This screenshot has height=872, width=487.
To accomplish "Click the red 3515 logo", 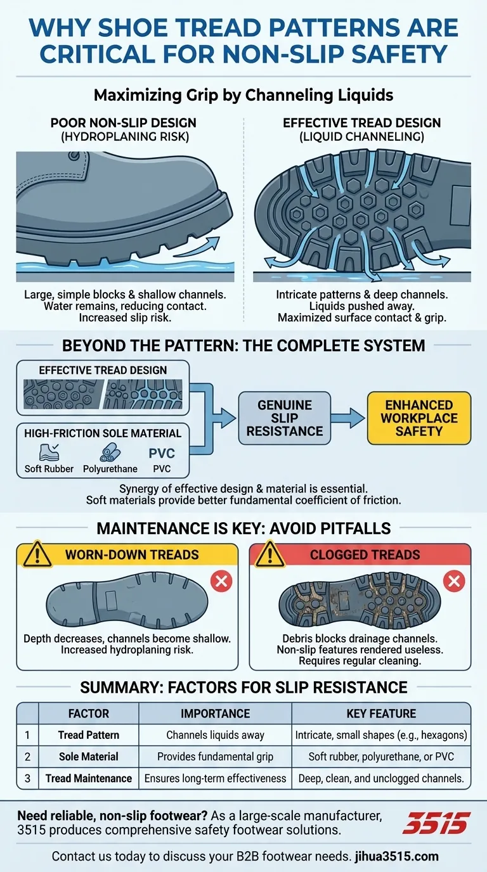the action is click(x=436, y=823).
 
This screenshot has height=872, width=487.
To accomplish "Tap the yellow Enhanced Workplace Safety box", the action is click(x=419, y=418).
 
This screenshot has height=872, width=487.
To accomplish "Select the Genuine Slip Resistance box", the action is click(x=285, y=418).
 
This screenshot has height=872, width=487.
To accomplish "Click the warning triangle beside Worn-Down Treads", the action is click(x=37, y=554).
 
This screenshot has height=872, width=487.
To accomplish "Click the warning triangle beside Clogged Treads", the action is click(x=270, y=554).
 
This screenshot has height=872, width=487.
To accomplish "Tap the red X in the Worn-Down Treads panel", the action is click(x=221, y=581).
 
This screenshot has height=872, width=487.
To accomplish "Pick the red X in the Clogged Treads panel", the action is click(x=454, y=581).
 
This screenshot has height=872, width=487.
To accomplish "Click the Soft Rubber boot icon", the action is click(x=49, y=452).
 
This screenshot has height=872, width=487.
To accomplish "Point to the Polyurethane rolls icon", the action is click(x=110, y=452).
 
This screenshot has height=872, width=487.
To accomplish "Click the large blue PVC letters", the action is click(x=162, y=453).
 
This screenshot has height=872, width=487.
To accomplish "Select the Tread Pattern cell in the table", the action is click(x=88, y=735).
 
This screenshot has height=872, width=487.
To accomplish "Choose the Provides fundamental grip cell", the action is click(x=215, y=757).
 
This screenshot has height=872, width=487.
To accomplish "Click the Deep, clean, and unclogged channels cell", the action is click(x=381, y=778).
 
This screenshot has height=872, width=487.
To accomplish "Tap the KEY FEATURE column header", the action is click(x=381, y=713).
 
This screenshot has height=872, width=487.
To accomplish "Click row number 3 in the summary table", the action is click(x=27, y=778).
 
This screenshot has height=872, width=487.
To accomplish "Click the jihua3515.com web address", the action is click(x=396, y=856).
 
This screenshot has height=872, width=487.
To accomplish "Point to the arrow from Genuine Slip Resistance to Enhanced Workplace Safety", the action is click(x=347, y=418).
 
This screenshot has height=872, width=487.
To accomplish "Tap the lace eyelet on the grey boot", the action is click(x=74, y=156).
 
